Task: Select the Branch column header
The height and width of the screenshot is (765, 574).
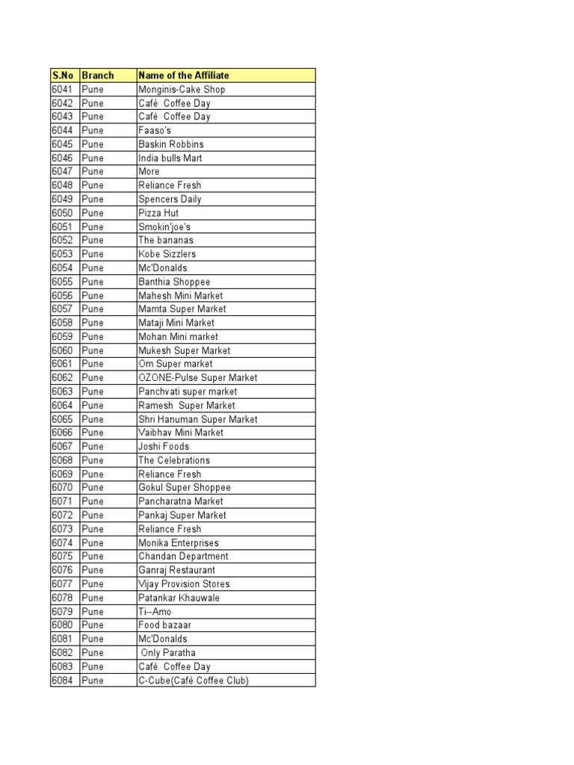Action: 98,75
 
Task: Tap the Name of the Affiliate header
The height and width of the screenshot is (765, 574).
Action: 184,75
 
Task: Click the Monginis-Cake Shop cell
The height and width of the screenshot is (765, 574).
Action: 182,90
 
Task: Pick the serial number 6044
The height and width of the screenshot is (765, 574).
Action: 62,131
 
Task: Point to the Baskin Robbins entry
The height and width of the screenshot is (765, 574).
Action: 171,144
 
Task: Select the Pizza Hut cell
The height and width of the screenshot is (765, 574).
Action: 160,213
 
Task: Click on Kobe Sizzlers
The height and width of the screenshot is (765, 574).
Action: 167,254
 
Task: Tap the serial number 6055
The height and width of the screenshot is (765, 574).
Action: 62,282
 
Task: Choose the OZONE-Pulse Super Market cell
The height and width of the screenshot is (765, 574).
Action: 198,378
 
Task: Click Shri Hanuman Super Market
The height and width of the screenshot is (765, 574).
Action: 198,419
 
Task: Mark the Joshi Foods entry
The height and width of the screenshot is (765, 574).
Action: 164,447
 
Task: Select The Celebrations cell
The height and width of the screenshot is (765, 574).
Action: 174,460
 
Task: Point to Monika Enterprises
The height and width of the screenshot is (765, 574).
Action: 179,543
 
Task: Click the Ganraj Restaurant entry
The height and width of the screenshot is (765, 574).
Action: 176,570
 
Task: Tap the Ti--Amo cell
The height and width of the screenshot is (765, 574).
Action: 155,612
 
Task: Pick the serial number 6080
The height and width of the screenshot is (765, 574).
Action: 62,625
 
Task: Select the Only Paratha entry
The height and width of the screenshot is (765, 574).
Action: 168,653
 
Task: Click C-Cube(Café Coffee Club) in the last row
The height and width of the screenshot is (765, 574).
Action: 194,681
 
